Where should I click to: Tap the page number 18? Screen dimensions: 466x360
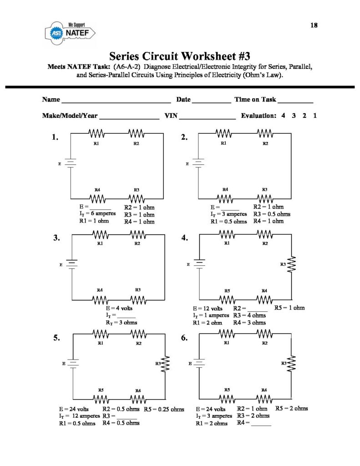tap(314, 25)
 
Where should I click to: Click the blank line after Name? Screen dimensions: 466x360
tap(116, 100)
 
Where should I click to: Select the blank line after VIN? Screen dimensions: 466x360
tap(207, 116)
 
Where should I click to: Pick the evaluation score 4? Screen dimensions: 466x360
tap(283, 116)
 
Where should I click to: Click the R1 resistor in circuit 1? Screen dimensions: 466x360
tap(97, 133)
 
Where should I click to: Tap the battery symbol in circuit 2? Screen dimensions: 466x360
tap(198, 163)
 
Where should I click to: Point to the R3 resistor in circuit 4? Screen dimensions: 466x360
tap(291, 263)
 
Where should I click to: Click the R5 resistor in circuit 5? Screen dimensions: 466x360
tap(101, 399)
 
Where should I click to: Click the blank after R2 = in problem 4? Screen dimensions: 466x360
tap(258, 309)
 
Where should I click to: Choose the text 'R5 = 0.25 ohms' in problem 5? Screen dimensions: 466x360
tap(164, 410)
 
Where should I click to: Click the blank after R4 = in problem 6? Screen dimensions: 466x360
tap(261, 423)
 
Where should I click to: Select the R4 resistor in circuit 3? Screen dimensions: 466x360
tap(101, 300)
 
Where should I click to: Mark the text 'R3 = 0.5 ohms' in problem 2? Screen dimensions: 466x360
tap(272, 214)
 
